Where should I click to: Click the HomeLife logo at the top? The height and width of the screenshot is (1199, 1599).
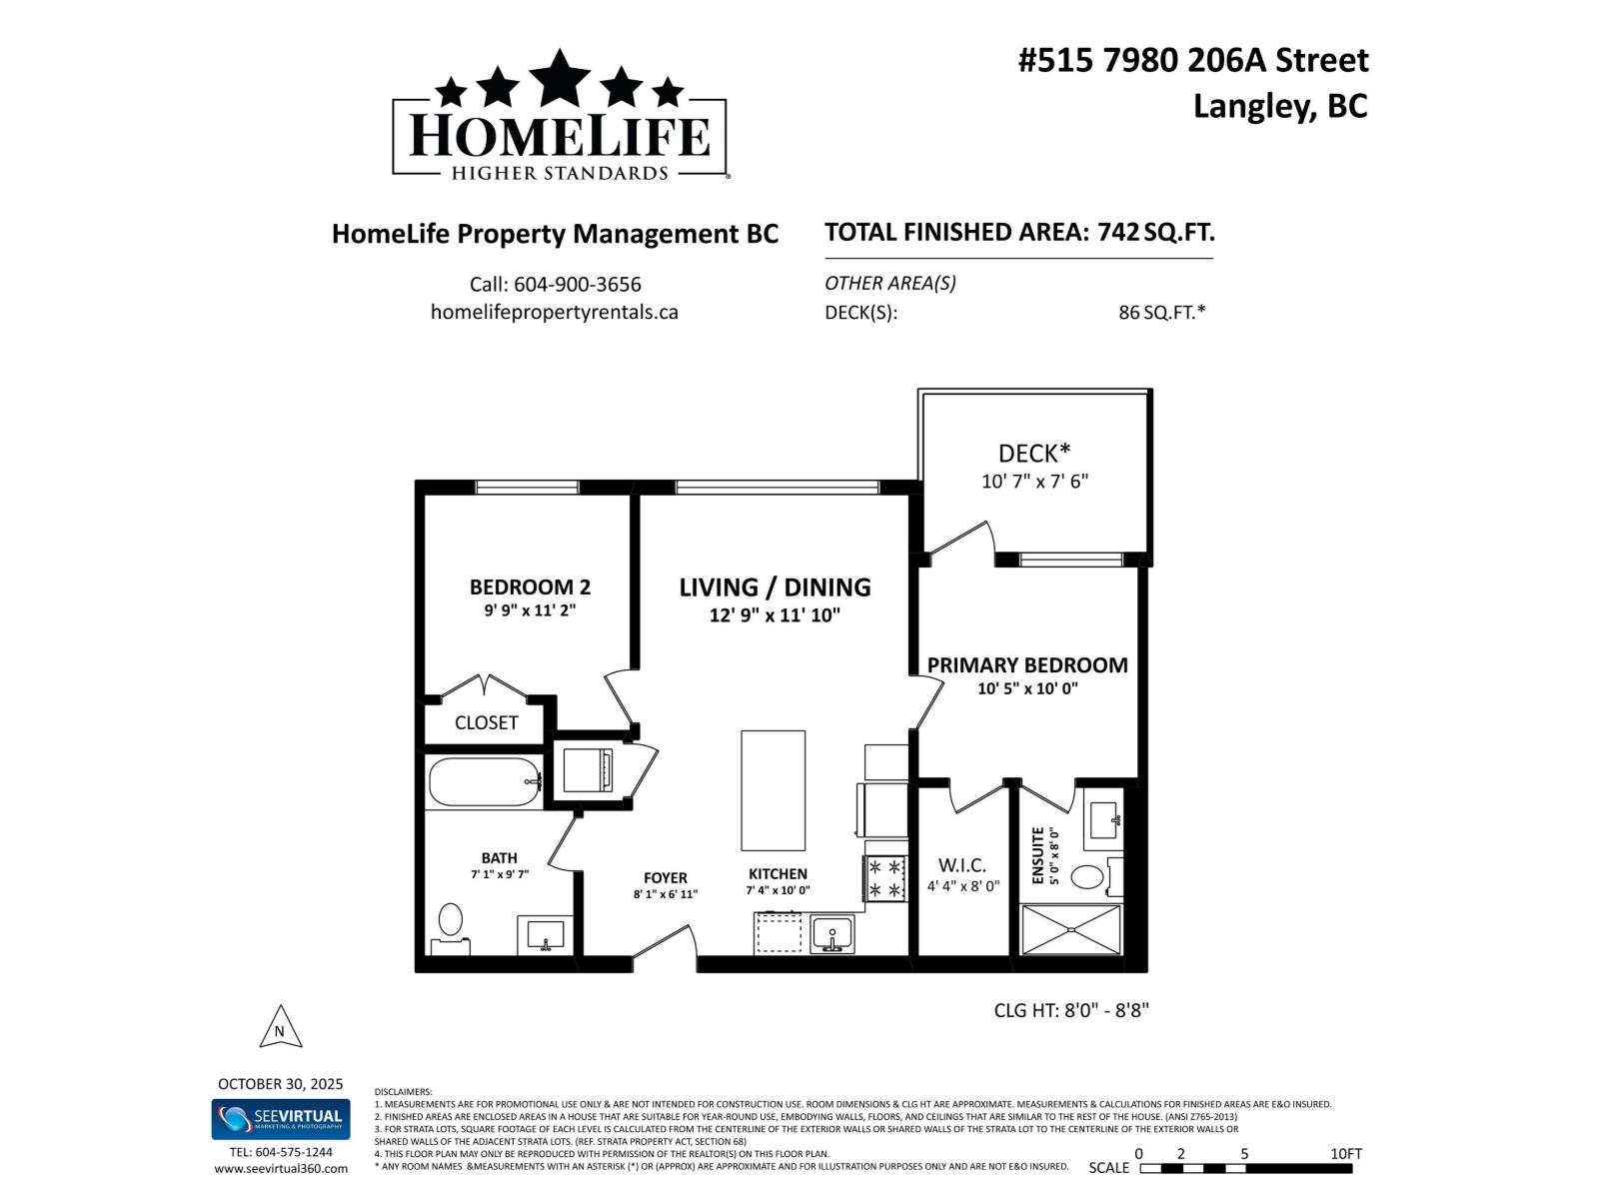tap(560, 118)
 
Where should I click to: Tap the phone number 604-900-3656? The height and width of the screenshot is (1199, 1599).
tap(555, 285)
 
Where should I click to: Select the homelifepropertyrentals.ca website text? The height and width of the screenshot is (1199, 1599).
tap(555, 312)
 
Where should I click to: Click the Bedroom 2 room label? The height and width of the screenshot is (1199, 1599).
tap(530, 588)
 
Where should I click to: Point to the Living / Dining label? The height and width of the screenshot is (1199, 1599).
tap(775, 588)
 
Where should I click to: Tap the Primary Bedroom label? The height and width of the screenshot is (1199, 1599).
tap(1027, 665)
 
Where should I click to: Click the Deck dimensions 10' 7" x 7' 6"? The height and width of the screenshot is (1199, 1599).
tap(1034, 482)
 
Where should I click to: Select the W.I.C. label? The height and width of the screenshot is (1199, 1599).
tap(961, 865)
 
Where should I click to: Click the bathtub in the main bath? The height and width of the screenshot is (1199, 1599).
tap(484, 782)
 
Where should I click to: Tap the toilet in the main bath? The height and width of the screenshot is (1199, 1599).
tap(451, 922)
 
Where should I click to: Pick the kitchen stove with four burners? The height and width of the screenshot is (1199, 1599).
tap(885, 878)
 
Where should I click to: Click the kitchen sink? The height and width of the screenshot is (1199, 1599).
tap(831, 934)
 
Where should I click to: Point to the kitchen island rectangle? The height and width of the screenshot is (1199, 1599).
tap(773, 789)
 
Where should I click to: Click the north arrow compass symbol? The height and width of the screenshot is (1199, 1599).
tap(280, 1028)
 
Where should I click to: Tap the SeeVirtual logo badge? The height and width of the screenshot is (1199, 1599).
tap(280, 1119)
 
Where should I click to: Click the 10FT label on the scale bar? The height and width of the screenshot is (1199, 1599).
tap(1346, 1153)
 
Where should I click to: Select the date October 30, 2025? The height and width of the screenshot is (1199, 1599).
tap(280, 1084)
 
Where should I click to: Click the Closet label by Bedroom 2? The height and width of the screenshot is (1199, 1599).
tap(487, 722)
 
